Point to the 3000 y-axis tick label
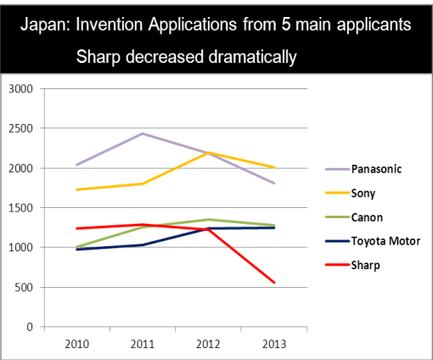20,89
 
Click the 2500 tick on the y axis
20,128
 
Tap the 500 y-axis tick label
24,287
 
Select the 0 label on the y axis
30,327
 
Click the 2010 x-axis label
77,345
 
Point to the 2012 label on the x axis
208,345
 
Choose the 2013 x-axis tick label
274,345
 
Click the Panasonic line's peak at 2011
143,133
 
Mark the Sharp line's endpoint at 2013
274,283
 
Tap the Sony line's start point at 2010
77,189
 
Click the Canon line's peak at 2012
208,219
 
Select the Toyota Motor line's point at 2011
143,245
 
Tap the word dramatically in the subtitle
252,57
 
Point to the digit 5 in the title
286,25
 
